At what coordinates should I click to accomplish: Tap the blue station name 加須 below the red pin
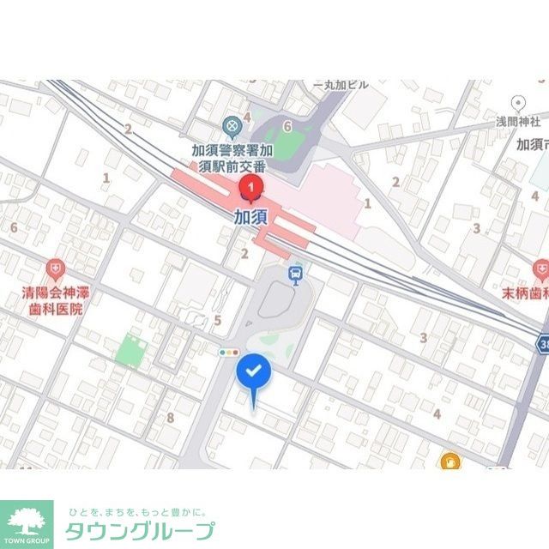tap(250, 216)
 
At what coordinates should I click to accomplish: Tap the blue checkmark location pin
tap(254, 373)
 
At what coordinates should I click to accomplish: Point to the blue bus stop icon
tap(296, 275)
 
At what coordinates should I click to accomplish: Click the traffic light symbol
tap(228, 353)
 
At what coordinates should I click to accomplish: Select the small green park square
tap(130, 350)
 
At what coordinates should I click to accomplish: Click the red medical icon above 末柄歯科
tap(540, 270)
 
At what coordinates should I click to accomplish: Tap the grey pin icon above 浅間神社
tap(517, 103)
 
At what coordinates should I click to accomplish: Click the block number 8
tap(171, 418)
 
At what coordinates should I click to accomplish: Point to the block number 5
tap(218, 322)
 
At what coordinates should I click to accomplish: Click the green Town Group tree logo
tap(27, 522)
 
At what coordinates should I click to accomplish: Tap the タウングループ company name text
tap(141, 529)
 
